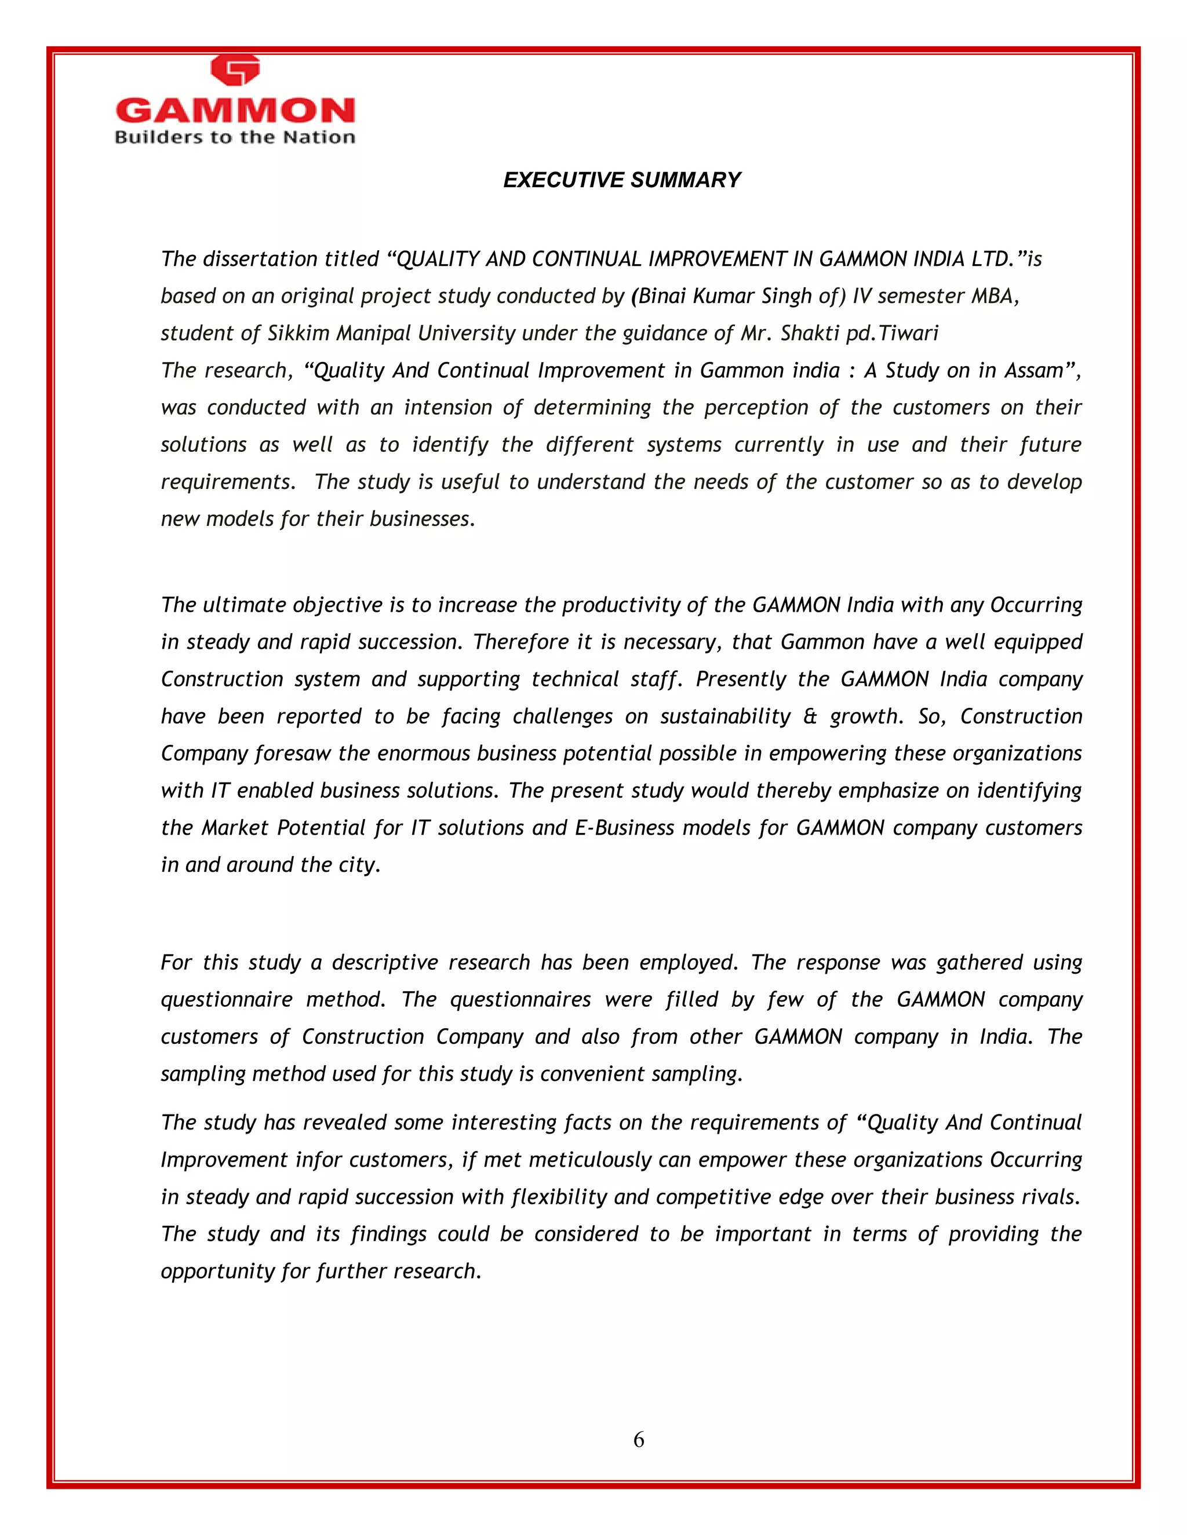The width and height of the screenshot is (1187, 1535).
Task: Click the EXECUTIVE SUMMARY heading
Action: (622, 180)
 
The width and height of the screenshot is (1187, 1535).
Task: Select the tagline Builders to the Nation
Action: (235, 137)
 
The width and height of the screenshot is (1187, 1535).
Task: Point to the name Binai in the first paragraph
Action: (662, 296)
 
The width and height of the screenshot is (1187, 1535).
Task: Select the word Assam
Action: (1034, 370)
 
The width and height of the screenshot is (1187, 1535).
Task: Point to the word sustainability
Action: (725, 716)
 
